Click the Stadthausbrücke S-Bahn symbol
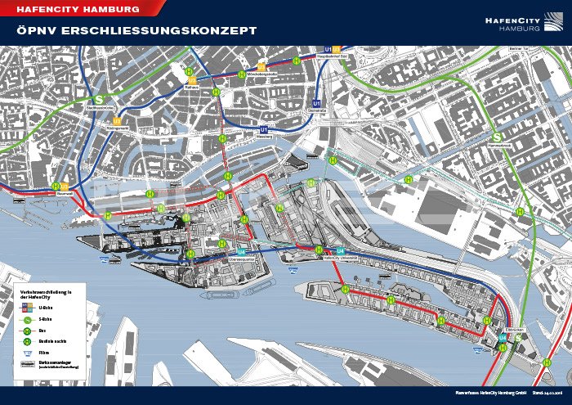(78, 93)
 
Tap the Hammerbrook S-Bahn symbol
(496, 137)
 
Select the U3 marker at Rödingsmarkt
(118, 121)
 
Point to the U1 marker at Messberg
(263, 129)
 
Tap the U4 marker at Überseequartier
(241, 251)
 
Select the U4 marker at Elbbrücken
(501, 336)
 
